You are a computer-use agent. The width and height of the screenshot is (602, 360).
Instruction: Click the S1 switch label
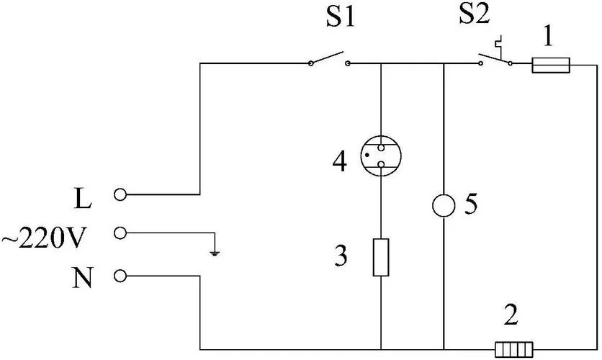tap(340, 18)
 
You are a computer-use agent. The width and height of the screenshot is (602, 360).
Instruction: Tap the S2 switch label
tap(475, 15)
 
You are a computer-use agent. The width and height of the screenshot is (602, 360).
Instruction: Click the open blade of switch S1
tap(327, 58)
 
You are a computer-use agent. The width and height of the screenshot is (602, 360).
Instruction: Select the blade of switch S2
tap(495, 58)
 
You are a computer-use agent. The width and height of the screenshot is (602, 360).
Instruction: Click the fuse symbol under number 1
tap(551, 66)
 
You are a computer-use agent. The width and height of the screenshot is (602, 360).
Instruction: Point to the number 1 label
tap(548, 37)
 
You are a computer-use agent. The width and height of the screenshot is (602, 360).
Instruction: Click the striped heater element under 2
tap(513, 349)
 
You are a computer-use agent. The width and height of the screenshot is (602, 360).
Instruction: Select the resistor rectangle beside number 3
tap(381, 257)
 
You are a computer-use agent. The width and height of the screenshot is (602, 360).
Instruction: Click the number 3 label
tap(341, 256)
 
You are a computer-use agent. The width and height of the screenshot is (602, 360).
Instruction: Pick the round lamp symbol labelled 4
tap(381, 156)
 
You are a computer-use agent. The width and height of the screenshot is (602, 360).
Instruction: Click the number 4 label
tap(339, 161)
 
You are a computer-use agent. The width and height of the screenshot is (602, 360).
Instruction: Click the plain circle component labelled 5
tap(444, 206)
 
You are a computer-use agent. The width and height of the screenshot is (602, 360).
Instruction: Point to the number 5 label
tap(471, 204)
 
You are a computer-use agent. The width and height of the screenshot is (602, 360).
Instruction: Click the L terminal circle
tap(120, 194)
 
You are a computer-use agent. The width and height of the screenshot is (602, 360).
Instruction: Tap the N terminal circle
tap(120, 276)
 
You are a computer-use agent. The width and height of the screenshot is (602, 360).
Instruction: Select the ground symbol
tap(215, 253)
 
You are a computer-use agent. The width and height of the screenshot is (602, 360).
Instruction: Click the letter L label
tap(83, 199)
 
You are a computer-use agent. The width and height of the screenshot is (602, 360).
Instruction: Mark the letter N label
tap(83, 278)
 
